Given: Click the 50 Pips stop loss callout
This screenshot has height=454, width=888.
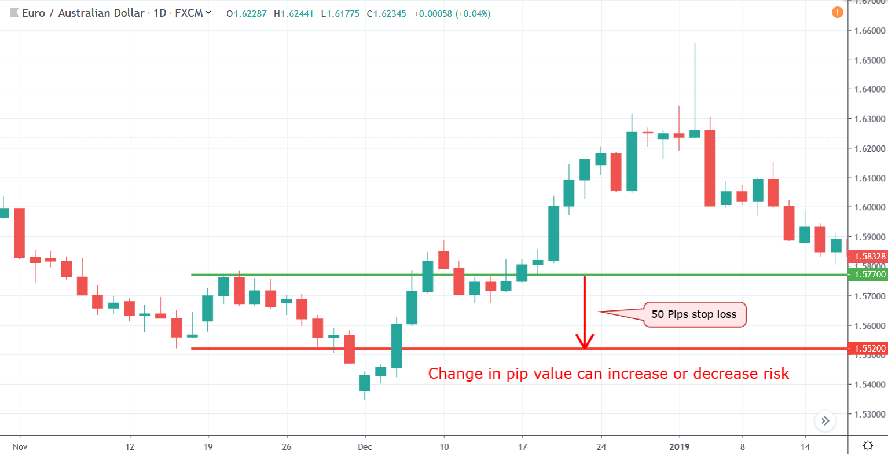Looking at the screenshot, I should tap(695, 315).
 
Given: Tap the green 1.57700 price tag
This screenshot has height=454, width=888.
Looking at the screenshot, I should tap(867, 274).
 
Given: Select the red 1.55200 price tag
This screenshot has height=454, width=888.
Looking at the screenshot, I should tap(867, 349).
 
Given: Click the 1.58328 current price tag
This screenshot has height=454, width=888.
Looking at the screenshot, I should tap(867, 256).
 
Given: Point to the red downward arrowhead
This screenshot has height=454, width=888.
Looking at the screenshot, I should tap(585, 342).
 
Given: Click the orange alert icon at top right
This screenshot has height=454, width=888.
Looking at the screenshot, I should tap(836, 12).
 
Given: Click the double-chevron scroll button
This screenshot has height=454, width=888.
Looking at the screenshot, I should tap(825, 420).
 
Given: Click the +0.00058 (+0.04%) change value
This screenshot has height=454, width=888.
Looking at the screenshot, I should tap(452, 13).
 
